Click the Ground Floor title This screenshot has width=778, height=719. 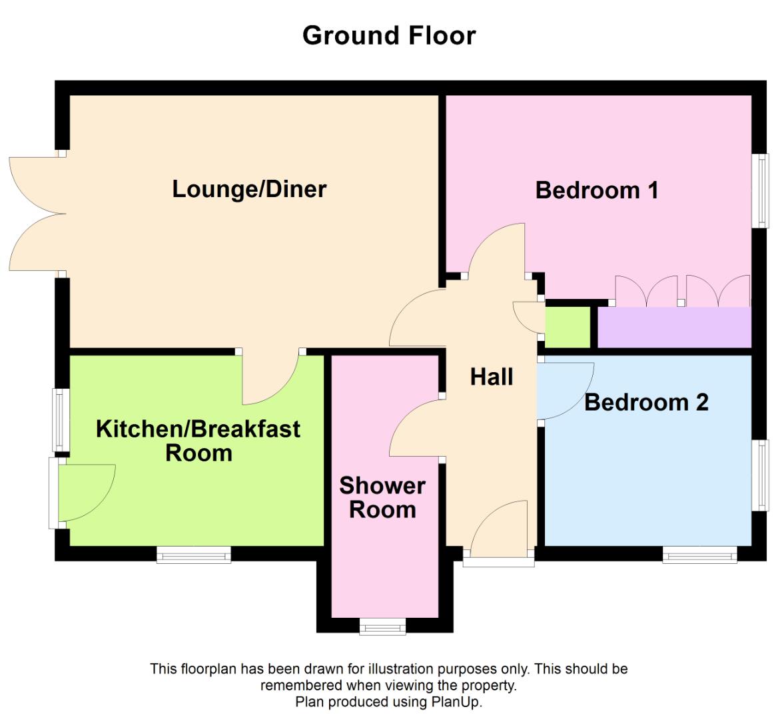coord(389,35)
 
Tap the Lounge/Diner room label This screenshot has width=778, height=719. coord(249,189)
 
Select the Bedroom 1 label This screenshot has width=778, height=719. coord(597,190)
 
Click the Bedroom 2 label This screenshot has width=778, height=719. coord(646,402)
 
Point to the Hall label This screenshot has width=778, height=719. coord(492,377)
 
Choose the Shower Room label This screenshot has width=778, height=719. coord(382,497)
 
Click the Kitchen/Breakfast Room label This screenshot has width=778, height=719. coord(198,441)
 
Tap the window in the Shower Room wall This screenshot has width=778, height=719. coord(382,626)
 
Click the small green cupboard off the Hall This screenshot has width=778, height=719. coord(568,327)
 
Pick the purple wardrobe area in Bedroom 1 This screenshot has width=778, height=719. coord(674,327)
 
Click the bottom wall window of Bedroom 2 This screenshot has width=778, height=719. coord(699,555)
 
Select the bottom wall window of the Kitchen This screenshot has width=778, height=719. coord(194,555)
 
